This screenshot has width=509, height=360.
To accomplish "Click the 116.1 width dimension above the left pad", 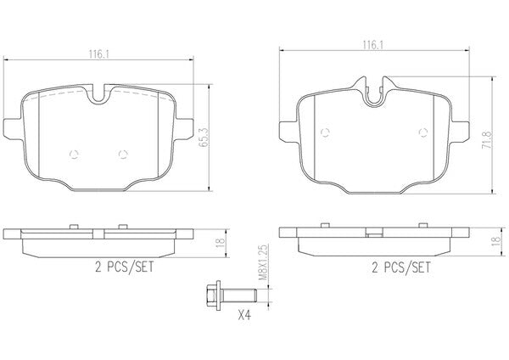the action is pyautogui.click(x=98, y=54).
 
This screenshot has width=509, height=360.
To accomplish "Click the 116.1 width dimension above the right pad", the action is pyautogui.click(x=373, y=45).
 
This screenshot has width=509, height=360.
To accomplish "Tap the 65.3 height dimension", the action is pyautogui.click(x=204, y=138).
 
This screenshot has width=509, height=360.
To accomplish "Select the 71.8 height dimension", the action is pyautogui.click(x=487, y=140).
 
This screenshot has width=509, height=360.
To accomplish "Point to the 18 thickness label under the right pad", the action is pyautogui.click(x=495, y=241).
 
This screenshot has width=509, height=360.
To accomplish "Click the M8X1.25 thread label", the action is pyautogui.click(x=263, y=262).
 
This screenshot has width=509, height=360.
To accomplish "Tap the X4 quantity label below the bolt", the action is pyautogui.click(x=244, y=315).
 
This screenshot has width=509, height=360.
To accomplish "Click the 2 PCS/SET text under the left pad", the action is pyautogui.click(x=125, y=267).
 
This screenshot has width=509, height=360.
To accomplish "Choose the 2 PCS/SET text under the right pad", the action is pyautogui.click(x=401, y=267).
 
